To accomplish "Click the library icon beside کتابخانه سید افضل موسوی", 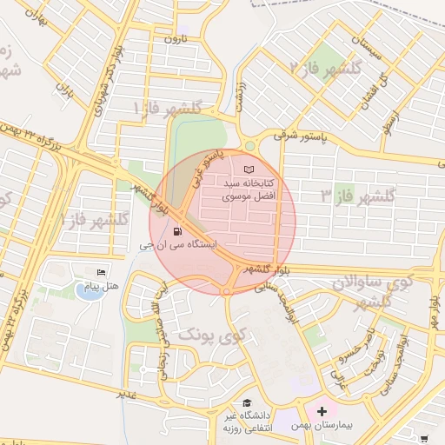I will tap(250, 168).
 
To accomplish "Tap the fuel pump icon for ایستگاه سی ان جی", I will tap(178, 232).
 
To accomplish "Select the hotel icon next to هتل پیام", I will tap(102, 274).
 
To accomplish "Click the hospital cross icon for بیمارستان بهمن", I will tap(322, 409).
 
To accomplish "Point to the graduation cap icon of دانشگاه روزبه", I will tap(248, 403).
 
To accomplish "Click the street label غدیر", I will tap(127, 395).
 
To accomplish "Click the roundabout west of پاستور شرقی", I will tap(251, 145).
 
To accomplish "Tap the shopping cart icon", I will tap(425, 439).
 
